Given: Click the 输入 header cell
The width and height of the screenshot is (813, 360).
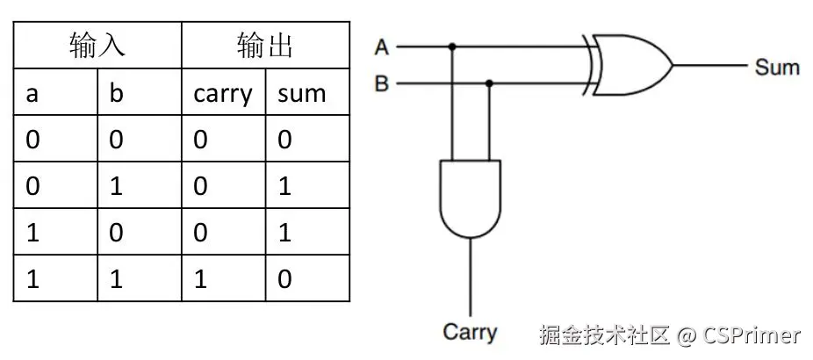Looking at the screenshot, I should [x=97, y=46].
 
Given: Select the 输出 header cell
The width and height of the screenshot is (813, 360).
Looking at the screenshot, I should [x=264, y=46].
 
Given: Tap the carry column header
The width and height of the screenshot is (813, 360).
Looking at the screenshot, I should [x=222, y=94].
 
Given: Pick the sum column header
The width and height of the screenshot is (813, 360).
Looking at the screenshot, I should [x=301, y=94].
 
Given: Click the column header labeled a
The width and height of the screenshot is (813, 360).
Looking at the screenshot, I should [x=32, y=94].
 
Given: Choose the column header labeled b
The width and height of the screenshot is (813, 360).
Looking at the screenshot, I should [x=117, y=94].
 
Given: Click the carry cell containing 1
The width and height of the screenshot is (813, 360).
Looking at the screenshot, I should [x=201, y=279].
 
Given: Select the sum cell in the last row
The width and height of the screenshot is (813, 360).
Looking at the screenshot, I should [x=284, y=279].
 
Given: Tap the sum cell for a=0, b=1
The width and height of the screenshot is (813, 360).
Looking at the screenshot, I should [x=284, y=186].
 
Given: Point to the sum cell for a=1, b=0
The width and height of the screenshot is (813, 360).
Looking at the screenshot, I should [x=284, y=233].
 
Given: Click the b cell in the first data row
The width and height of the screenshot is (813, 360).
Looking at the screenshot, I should [x=117, y=140].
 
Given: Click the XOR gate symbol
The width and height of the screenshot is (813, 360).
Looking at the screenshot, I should [x=630, y=66].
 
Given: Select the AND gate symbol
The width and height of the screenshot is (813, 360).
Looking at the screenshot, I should [x=471, y=198].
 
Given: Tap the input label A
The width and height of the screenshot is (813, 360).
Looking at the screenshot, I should [x=381, y=47].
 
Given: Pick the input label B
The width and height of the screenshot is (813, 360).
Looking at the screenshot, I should [x=381, y=85].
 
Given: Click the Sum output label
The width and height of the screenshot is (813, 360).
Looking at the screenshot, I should [x=776, y=67].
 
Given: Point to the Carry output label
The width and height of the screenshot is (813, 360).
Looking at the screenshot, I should [x=470, y=332].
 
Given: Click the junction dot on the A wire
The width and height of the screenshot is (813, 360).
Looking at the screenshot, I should [x=451, y=47].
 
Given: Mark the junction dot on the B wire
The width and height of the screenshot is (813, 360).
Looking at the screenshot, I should [x=489, y=84].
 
